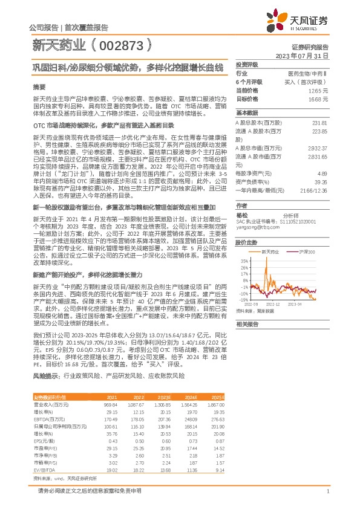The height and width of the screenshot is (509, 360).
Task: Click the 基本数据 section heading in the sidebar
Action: pyautogui.click(x=247, y=112)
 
